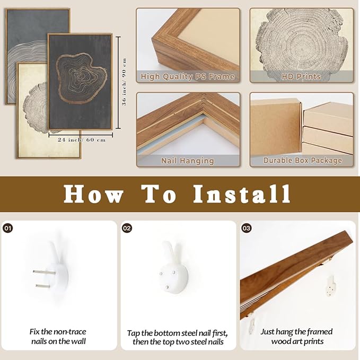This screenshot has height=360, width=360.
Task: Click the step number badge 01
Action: pos(8,228)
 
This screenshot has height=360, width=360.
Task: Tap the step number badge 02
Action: pos(127,228)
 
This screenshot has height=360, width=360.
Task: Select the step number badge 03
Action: pos(247,228)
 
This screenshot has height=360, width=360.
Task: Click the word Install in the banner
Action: pos(242,194)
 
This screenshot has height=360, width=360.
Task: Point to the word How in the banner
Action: pos(93,194)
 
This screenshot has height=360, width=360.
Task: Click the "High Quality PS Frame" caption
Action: pos(188,76)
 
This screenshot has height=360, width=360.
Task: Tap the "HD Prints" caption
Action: pos(301,76)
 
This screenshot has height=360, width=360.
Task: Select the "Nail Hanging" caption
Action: pos(188,161)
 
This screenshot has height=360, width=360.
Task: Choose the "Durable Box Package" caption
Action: pos(303,161)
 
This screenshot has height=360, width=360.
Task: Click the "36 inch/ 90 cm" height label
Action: pos(124,82)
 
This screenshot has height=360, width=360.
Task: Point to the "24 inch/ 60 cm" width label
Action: pos(82,140)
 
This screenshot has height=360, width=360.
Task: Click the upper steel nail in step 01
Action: pos(44,273)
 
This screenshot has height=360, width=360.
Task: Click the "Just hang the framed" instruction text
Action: pos(296,331)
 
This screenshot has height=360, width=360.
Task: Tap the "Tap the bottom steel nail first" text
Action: pos(177,333)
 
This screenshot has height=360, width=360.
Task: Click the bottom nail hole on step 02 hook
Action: pos(168,287)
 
